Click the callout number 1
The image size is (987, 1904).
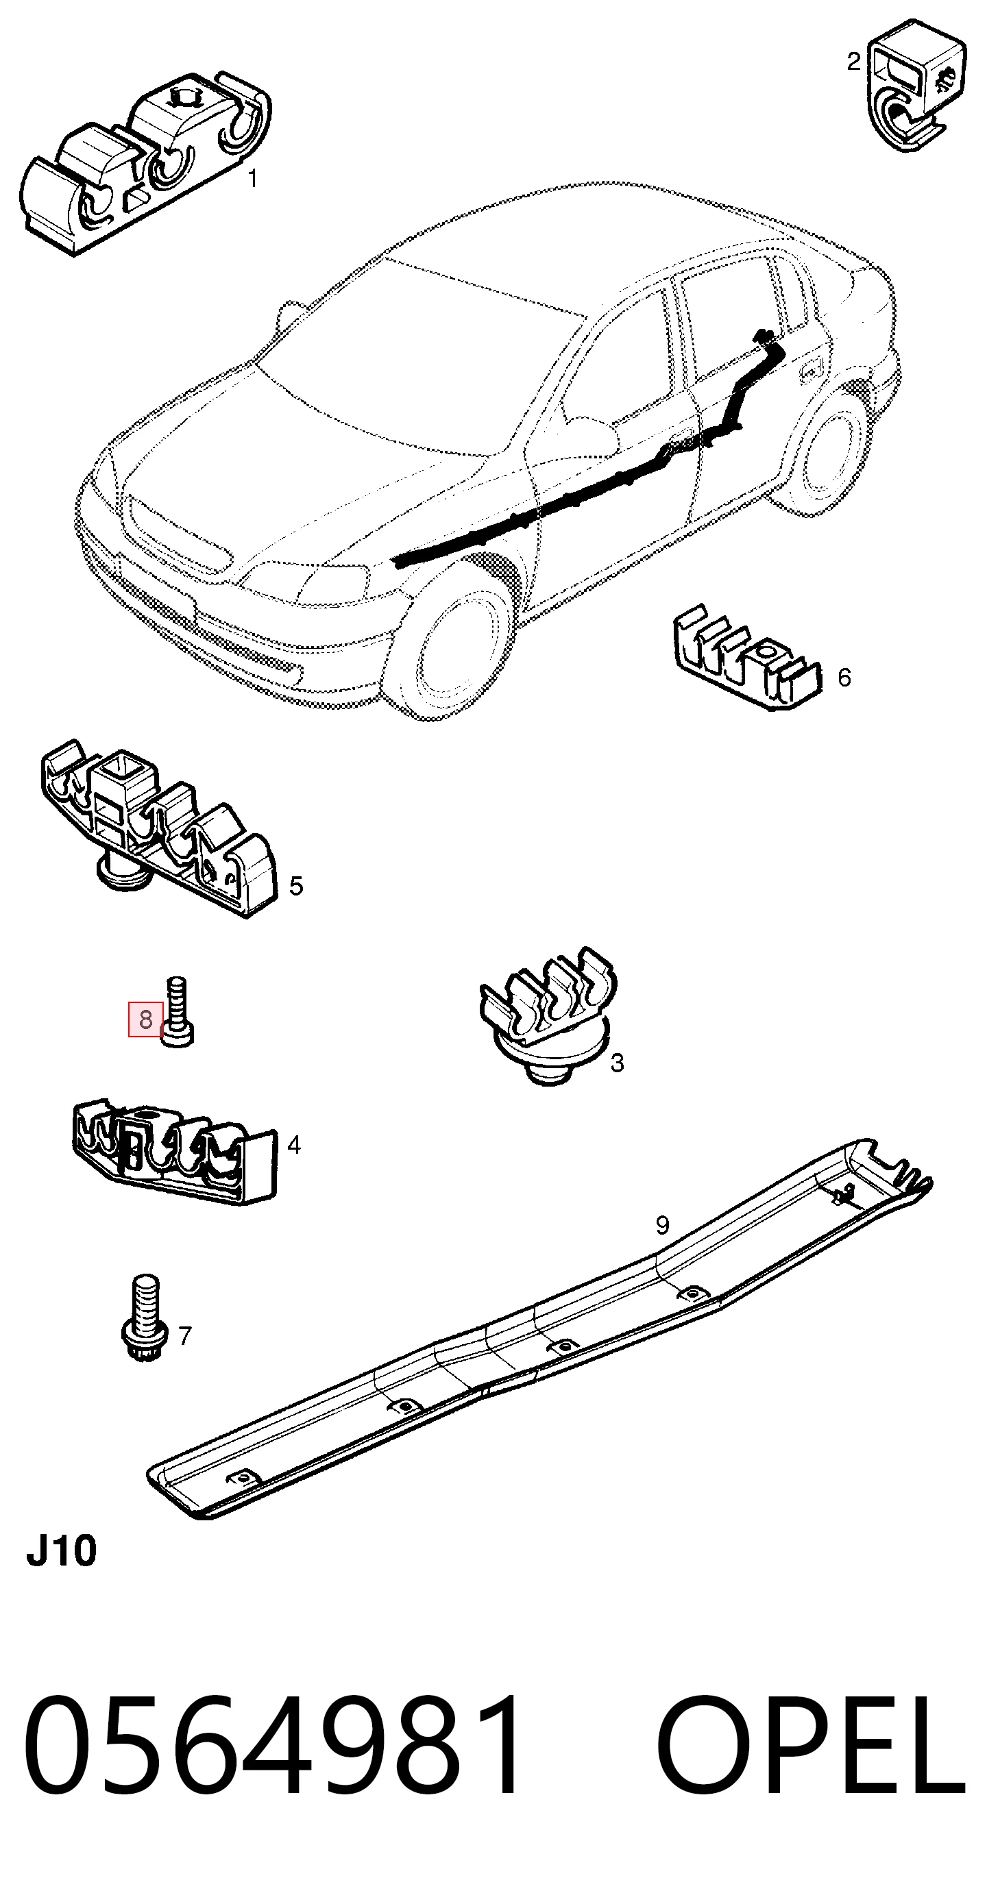(253, 179)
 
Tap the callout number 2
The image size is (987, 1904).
(853, 62)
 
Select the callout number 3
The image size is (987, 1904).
(618, 1063)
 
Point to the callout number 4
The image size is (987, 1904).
(294, 1145)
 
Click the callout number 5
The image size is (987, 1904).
(297, 885)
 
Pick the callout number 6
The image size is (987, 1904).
(844, 677)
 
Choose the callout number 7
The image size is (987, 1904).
(185, 1335)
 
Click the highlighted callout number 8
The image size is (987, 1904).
(145, 1019)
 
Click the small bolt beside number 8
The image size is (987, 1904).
(178, 1011)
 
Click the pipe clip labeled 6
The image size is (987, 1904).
(746, 658)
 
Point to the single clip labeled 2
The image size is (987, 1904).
(914, 86)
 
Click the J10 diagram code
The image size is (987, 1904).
(62, 1551)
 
